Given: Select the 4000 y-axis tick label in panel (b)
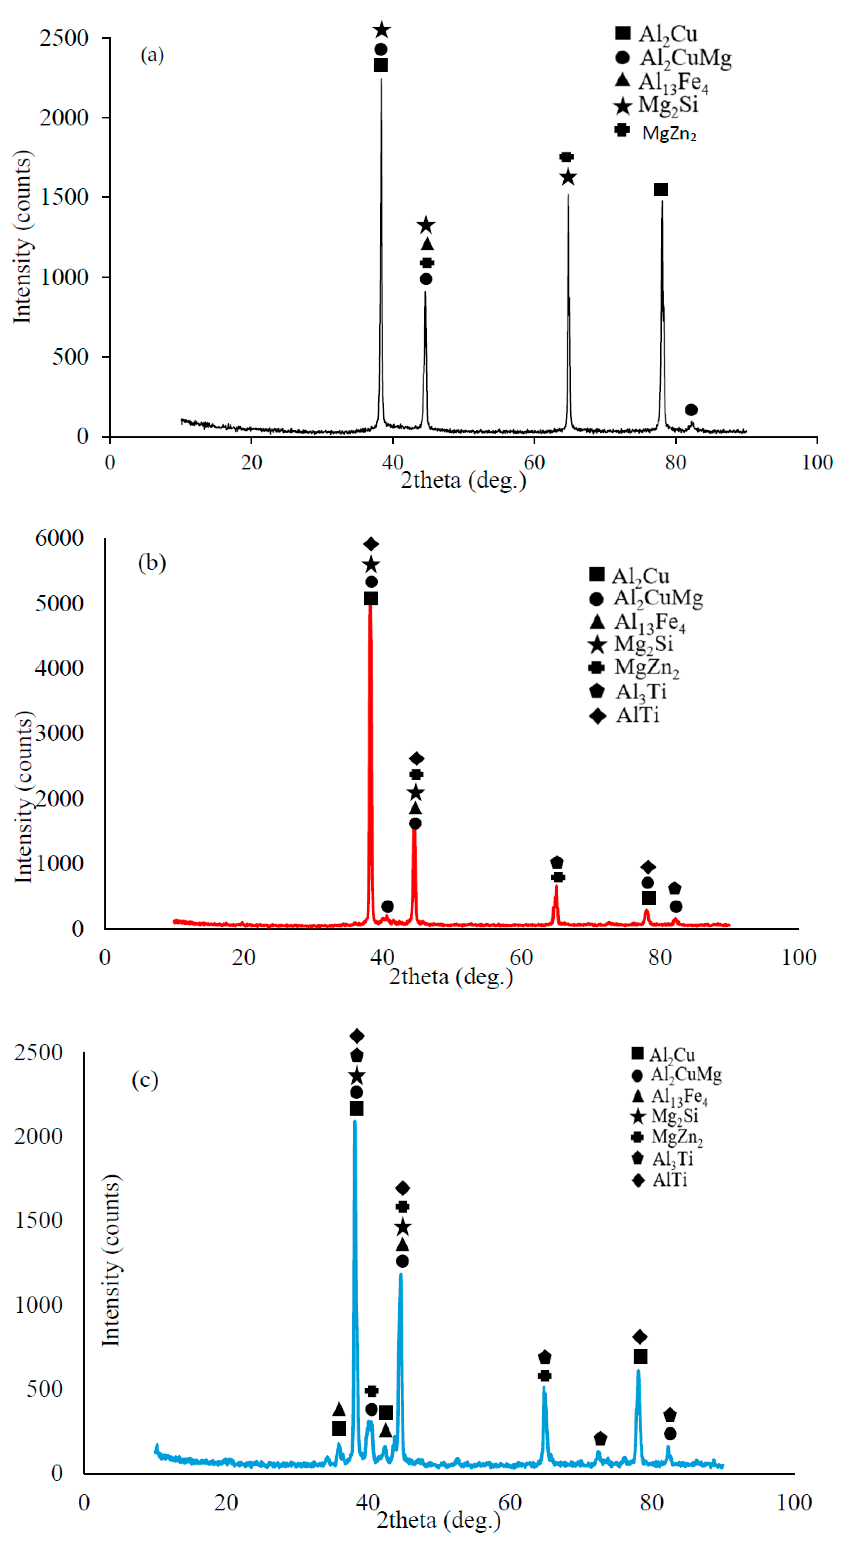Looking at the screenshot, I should coord(59,668).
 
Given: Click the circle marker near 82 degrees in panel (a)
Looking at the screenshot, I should coord(691,410).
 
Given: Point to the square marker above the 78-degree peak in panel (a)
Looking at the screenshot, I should coord(661,190).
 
